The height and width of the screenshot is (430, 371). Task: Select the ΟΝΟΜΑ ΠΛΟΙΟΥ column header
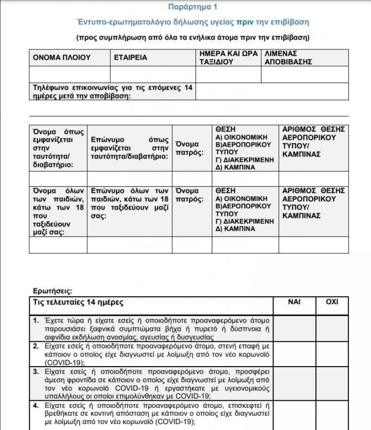[x=62, y=57]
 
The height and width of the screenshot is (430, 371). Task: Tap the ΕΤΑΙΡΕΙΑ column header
[x=131, y=57]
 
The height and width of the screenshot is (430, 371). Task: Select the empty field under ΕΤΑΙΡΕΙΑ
[x=152, y=74]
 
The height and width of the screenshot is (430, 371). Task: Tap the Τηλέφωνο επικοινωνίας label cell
[x=112, y=92]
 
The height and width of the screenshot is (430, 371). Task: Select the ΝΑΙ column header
[x=294, y=302]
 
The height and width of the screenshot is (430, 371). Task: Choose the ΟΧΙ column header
[x=332, y=302]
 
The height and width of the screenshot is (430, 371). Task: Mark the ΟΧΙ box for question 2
[x=332, y=354]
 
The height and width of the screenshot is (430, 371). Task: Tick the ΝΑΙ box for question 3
[x=294, y=383]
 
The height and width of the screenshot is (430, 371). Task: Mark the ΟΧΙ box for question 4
[x=332, y=414]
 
